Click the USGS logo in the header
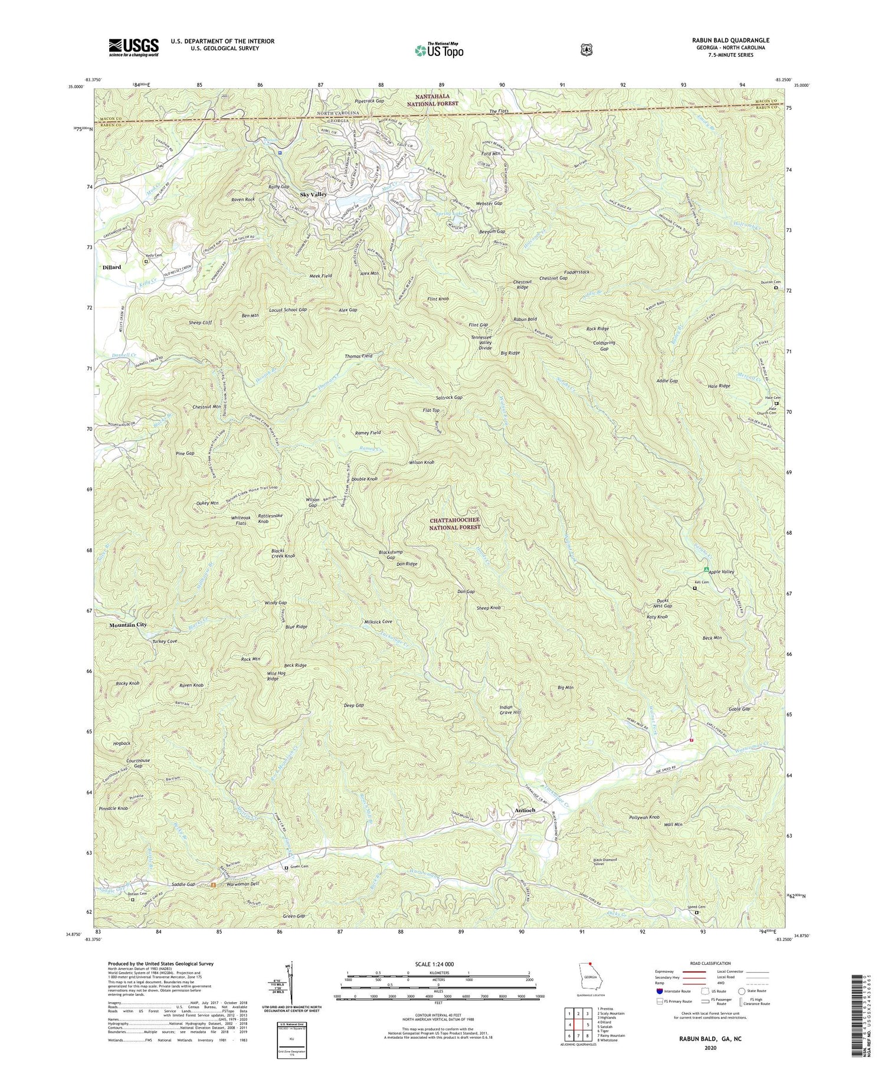133,47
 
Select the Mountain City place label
127,624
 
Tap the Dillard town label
112,267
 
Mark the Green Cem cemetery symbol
287,868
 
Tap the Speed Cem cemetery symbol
697,912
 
